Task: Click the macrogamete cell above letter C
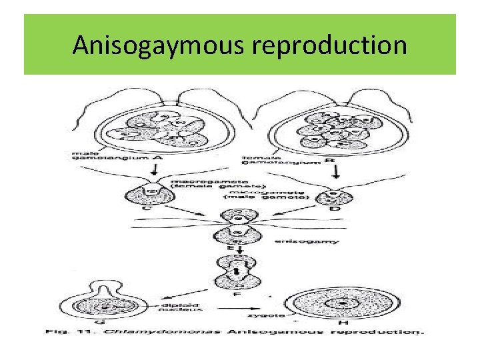(151, 195)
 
